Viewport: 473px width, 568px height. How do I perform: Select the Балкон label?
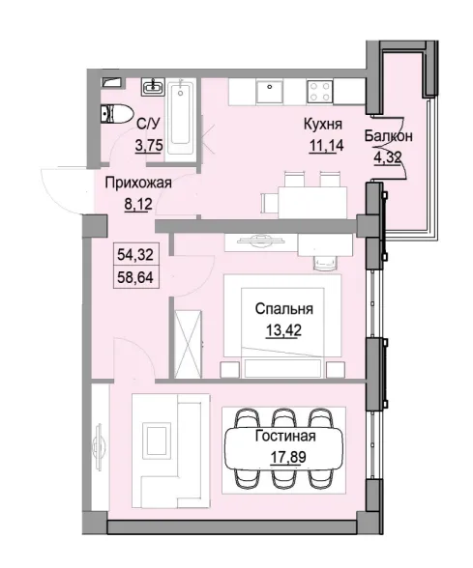point(390,135)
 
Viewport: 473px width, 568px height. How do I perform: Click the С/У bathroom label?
point(148,125)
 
